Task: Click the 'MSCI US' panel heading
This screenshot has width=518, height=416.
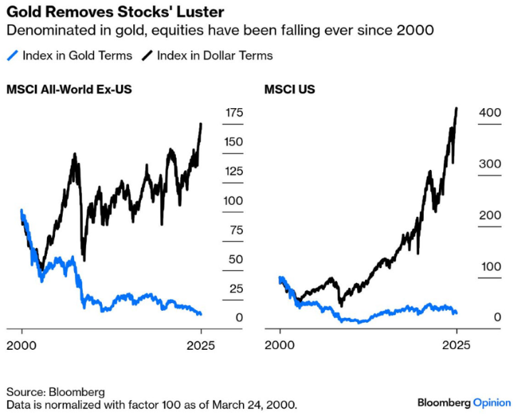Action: point(289,90)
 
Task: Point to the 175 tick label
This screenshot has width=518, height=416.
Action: point(234,113)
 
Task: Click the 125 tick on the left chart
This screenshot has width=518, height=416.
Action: point(234,171)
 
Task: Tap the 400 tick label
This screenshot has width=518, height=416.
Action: point(490,113)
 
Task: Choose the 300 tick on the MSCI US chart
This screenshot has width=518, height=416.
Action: point(490,164)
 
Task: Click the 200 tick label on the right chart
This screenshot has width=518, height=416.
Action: point(490,215)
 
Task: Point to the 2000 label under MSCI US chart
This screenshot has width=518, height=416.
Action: point(281,346)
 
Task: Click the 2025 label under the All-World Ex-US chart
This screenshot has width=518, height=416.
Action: point(201,346)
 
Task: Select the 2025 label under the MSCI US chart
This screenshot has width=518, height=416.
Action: point(456,346)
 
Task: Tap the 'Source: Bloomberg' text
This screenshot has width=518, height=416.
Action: point(56,392)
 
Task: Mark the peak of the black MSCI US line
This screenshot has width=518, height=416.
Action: point(456,109)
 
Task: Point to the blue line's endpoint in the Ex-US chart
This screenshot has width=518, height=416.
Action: point(201,314)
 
